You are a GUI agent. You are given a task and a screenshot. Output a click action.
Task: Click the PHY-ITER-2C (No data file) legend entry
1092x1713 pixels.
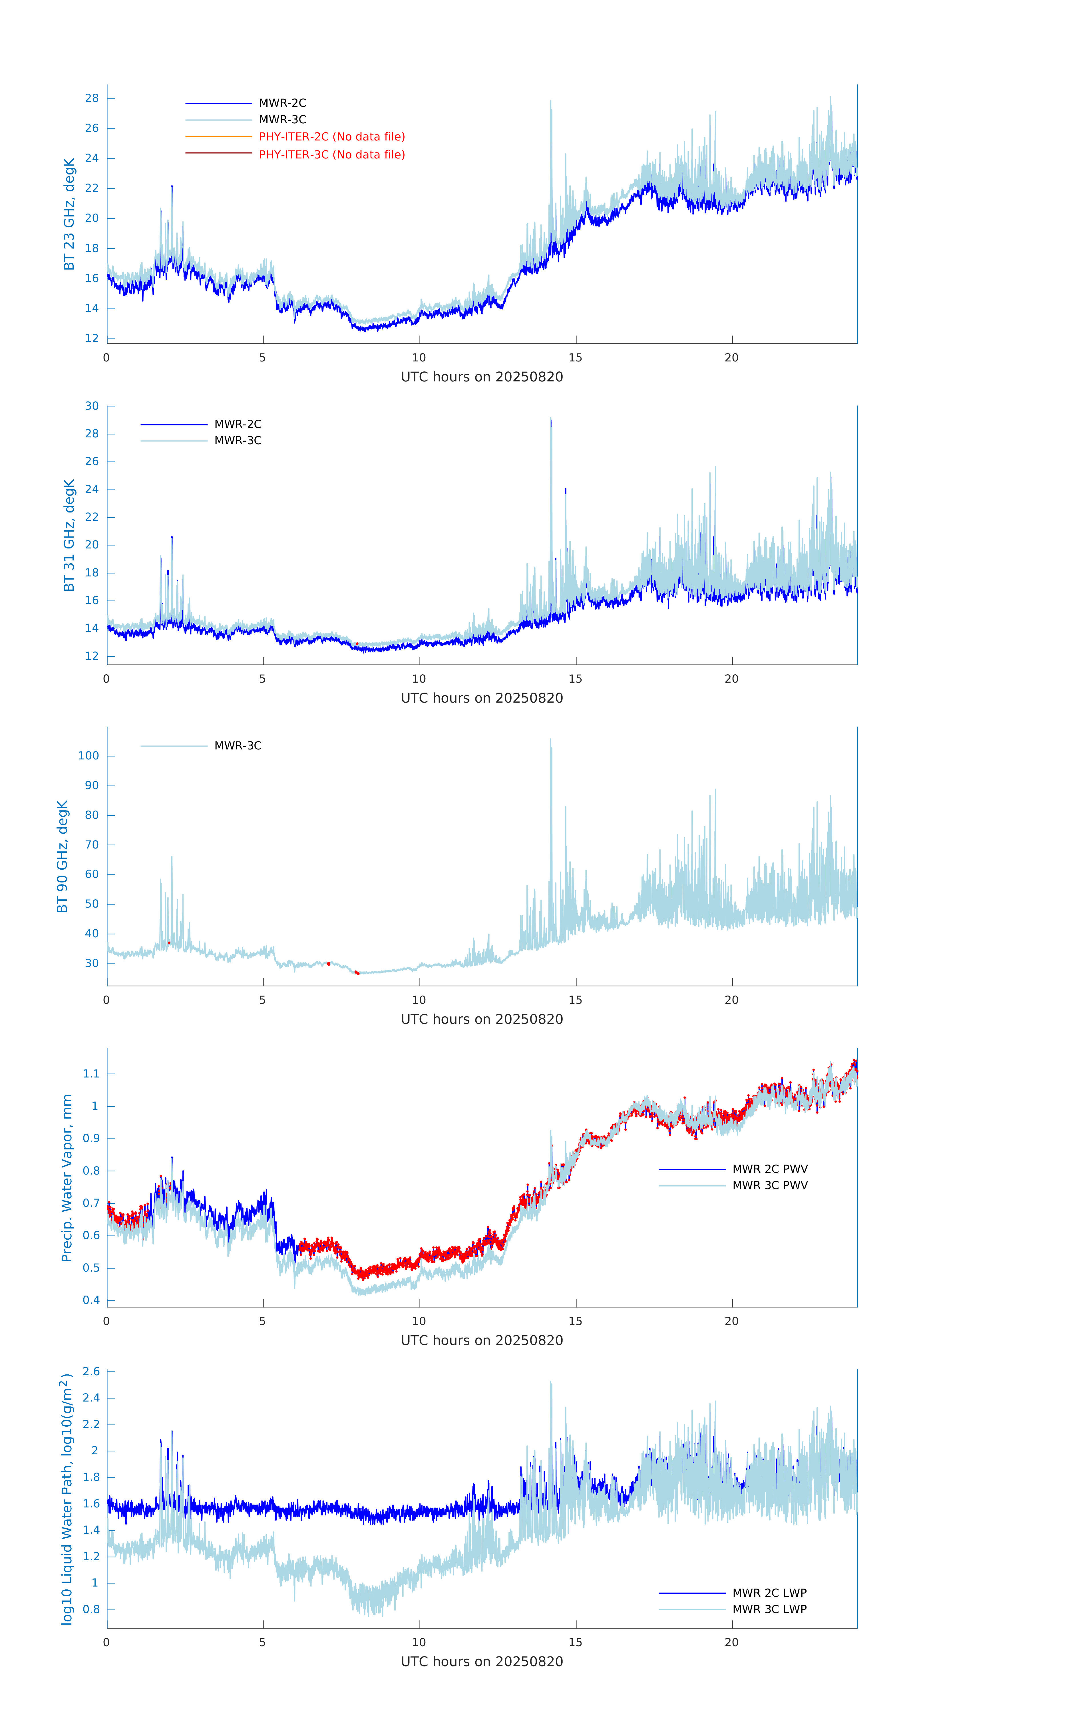(x=331, y=136)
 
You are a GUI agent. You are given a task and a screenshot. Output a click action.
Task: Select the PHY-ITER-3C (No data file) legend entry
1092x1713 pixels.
(x=331, y=154)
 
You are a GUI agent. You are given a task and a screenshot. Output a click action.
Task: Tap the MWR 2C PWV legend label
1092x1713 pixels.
(x=770, y=1169)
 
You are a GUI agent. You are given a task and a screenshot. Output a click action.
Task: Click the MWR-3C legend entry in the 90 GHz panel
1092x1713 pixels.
(x=238, y=745)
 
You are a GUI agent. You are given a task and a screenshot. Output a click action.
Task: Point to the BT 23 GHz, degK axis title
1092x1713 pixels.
(x=69, y=214)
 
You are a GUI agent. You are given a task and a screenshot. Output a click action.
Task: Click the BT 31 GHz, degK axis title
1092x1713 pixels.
(x=69, y=535)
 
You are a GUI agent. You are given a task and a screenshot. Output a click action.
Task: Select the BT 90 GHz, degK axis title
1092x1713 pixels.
(x=63, y=856)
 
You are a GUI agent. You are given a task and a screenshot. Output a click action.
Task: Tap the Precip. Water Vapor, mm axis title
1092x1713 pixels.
(x=67, y=1178)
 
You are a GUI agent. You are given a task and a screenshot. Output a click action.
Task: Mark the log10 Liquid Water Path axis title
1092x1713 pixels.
(x=67, y=1499)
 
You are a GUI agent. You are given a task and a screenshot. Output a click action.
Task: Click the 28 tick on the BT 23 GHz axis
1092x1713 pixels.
(x=92, y=98)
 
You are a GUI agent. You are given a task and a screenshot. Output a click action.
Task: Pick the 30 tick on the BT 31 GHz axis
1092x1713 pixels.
(x=92, y=406)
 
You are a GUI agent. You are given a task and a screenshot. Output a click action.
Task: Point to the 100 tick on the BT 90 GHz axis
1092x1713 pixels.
(x=89, y=755)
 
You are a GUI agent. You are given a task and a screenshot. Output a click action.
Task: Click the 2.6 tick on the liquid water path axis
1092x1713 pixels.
(x=91, y=1372)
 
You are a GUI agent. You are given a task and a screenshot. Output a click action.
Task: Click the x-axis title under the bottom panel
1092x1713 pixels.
(x=482, y=1662)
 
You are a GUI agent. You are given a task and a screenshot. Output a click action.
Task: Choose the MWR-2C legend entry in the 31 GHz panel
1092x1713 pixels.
(x=238, y=424)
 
